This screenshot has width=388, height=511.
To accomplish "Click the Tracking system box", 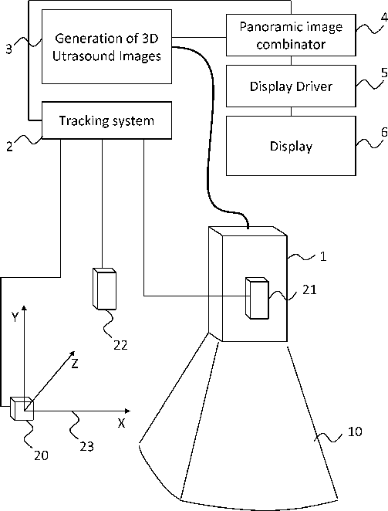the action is click(107, 120).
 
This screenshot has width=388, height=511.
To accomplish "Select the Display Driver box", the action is click(291, 86).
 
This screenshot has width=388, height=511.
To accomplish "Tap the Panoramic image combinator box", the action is click(291, 35).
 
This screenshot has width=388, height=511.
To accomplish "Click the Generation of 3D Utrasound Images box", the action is click(107, 46).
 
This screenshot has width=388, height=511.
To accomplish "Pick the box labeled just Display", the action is click(291, 146).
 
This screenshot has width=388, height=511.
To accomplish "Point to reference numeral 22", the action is click(120, 345).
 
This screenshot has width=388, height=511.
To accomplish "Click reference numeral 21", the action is click(309, 289).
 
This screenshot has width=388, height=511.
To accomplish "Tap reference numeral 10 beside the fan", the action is click(355, 431).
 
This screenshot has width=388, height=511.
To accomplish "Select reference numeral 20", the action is click(42, 455).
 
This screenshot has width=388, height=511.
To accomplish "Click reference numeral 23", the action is click(87, 446).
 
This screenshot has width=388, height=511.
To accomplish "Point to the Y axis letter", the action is click(15, 316).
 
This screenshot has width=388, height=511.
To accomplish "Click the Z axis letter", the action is click(75, 364).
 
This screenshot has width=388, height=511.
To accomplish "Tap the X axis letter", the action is click(122, 423).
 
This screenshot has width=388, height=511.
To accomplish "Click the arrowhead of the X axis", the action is click(128, 411).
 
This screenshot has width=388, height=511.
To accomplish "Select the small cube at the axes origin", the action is click(22, 408).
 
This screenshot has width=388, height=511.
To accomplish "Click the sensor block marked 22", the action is click(104, 289).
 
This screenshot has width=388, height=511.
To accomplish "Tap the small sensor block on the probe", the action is click(257, 298).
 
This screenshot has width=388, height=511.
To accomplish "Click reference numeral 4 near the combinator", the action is click(384, 17).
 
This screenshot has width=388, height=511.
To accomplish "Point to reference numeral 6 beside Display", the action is click(384, 132).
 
